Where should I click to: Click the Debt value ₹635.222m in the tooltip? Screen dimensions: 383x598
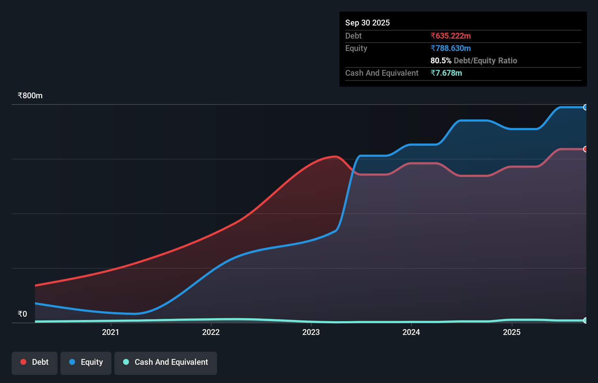(451, 36)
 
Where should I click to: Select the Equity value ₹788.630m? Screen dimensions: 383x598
(451, 48)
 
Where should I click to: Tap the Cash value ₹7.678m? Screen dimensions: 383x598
(446, 73)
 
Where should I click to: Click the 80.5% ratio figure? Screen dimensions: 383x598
(441, 60)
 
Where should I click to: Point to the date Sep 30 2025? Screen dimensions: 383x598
(367, 23)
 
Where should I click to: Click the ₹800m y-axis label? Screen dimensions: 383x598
(30, 95)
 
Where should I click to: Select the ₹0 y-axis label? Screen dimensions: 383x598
(22, 314)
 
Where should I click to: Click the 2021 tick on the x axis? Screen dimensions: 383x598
(110, 332)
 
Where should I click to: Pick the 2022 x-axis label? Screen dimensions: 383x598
(211, 332)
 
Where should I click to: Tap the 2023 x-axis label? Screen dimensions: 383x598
(311, 332)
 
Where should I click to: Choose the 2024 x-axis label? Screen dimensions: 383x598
(411, 332)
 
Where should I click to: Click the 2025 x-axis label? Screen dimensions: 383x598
(512, 332)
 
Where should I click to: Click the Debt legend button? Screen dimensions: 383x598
(35, 362)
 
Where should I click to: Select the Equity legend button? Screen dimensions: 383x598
(86, 362)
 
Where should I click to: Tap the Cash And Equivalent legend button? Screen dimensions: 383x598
(166, 362)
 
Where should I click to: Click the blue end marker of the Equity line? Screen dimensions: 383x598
(585, 107)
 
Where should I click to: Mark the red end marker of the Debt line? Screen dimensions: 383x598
(585, 149)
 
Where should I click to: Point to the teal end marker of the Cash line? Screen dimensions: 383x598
(585, 320)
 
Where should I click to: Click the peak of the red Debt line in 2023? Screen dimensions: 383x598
(335, 157)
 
